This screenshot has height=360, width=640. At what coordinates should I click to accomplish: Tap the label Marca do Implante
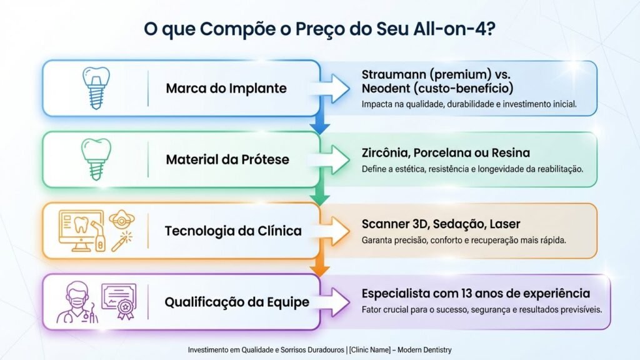click(x=226, y=88)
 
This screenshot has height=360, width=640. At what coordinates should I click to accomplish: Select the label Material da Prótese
click(x=227, y=159)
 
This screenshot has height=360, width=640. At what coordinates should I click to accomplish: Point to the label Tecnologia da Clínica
click(x=232, y=231)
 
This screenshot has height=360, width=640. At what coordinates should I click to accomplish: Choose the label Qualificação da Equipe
click(x=236, y=302)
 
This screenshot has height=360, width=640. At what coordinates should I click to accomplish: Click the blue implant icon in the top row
click(x=96, y=87)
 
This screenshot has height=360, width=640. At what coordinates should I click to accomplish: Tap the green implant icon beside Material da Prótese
click(x=96, y=159)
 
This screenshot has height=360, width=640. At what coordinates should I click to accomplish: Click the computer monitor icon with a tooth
click(x=77, y=231)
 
